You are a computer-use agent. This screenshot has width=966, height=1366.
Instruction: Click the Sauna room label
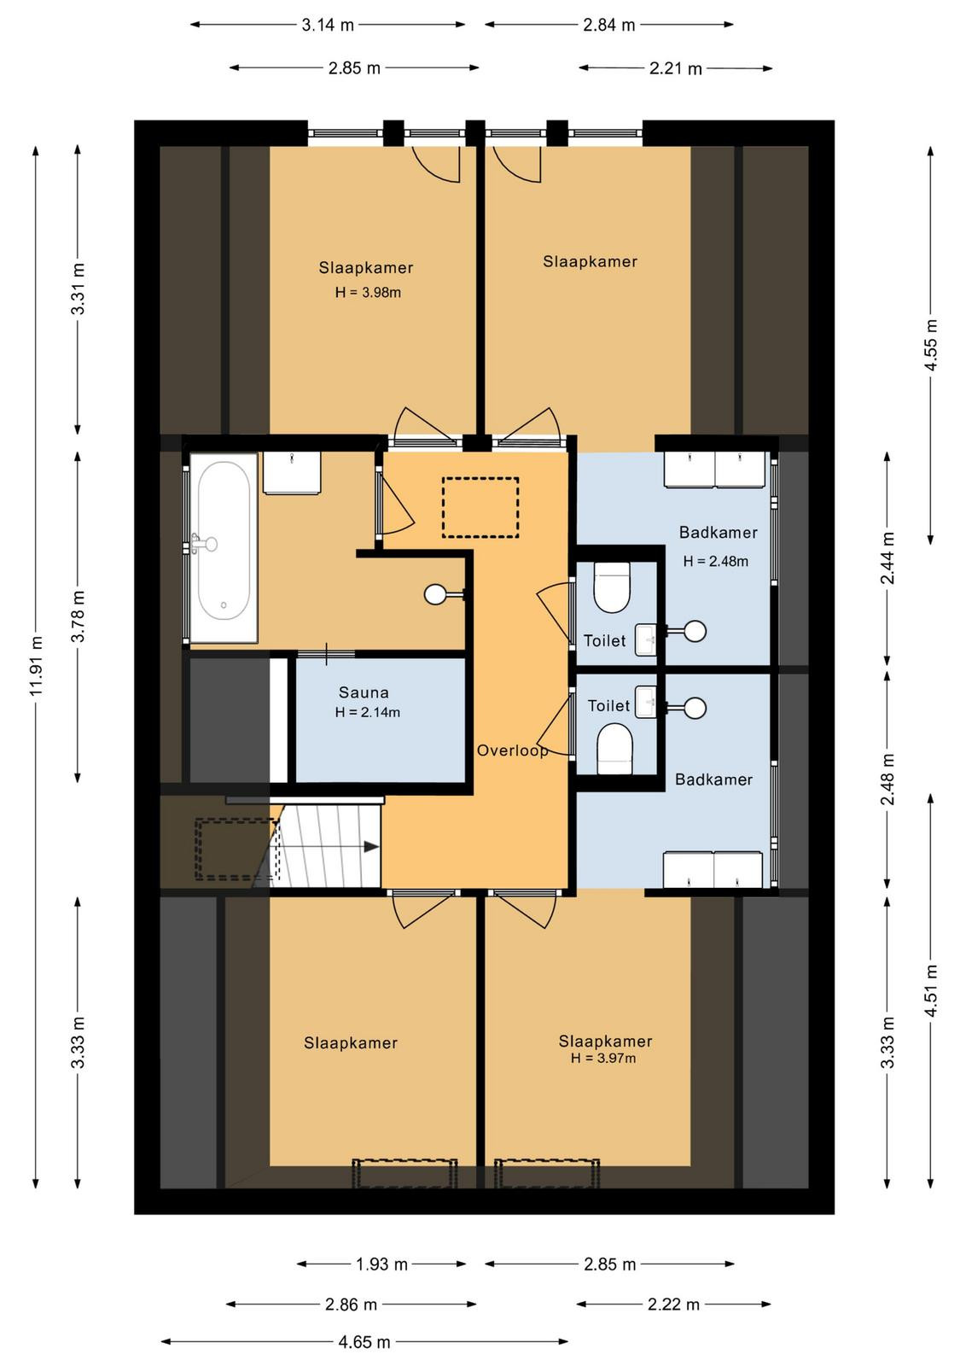pyautogui.click(x=364, y=692)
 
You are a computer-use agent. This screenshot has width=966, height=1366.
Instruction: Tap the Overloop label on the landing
pyautogui.click(x=512, y=750)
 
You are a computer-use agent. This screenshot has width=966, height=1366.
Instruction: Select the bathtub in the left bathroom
pyautogui.click(x=223, y=547)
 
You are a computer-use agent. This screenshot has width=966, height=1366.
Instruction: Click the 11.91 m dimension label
pyautogui.click(x=37, y=666)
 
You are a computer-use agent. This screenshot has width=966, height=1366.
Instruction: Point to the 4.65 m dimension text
pyautogui.click(x=364, y=1341)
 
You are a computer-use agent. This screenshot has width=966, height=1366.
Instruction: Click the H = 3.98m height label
pyautogui.click(x=368, y=292)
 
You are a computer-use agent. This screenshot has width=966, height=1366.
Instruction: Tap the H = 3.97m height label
pyautogui.click(x=602, y=1058)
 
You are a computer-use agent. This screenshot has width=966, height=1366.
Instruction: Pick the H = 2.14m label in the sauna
pyautogui.click(x=368, y=712)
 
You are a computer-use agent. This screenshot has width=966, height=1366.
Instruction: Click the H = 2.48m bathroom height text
pyautogui.click(x=715, y=561)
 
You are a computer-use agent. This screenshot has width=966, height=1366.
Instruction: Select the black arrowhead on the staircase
pyautogui.click(x=371, y=846)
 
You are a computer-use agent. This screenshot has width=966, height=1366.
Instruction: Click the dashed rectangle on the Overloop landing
pyautogui.click(x=480, y=507)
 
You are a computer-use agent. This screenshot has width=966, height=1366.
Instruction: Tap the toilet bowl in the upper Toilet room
pyautogui.click(x=612, y=587)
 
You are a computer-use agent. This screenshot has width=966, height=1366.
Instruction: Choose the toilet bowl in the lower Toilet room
pyautogui.click(x=615, y=748)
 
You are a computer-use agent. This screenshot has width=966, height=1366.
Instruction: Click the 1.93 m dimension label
pyautogui.click(x=381, y=1264)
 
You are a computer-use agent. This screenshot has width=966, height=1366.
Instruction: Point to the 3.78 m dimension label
pyautogui.click(x=78, y=616)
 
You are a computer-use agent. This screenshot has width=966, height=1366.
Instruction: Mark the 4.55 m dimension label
pyautogui.click(x=931, y=345)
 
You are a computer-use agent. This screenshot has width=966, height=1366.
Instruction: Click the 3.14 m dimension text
pyautogui.click(x=328, y=25)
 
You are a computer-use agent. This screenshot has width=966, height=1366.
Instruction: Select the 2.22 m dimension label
pyautogui.click(x=673, y=1305)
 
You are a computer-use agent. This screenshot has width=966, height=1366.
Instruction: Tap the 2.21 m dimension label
pyautogui.click(x=675, y=68)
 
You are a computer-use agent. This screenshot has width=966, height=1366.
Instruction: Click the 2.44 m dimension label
pyautogui.click(x=887, y=558)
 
